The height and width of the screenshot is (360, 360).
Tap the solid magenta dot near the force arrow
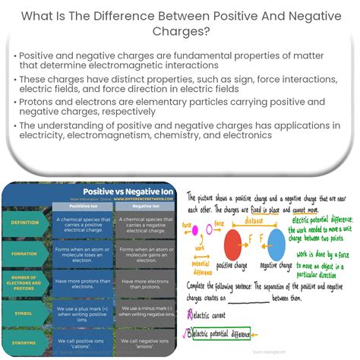(x=194, y=229)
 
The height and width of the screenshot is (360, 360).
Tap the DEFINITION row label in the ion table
(x=26, y=223)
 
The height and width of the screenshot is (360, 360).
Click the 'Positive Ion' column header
(x=82, y=205)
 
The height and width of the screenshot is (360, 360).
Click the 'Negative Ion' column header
(x=140, y=205)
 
